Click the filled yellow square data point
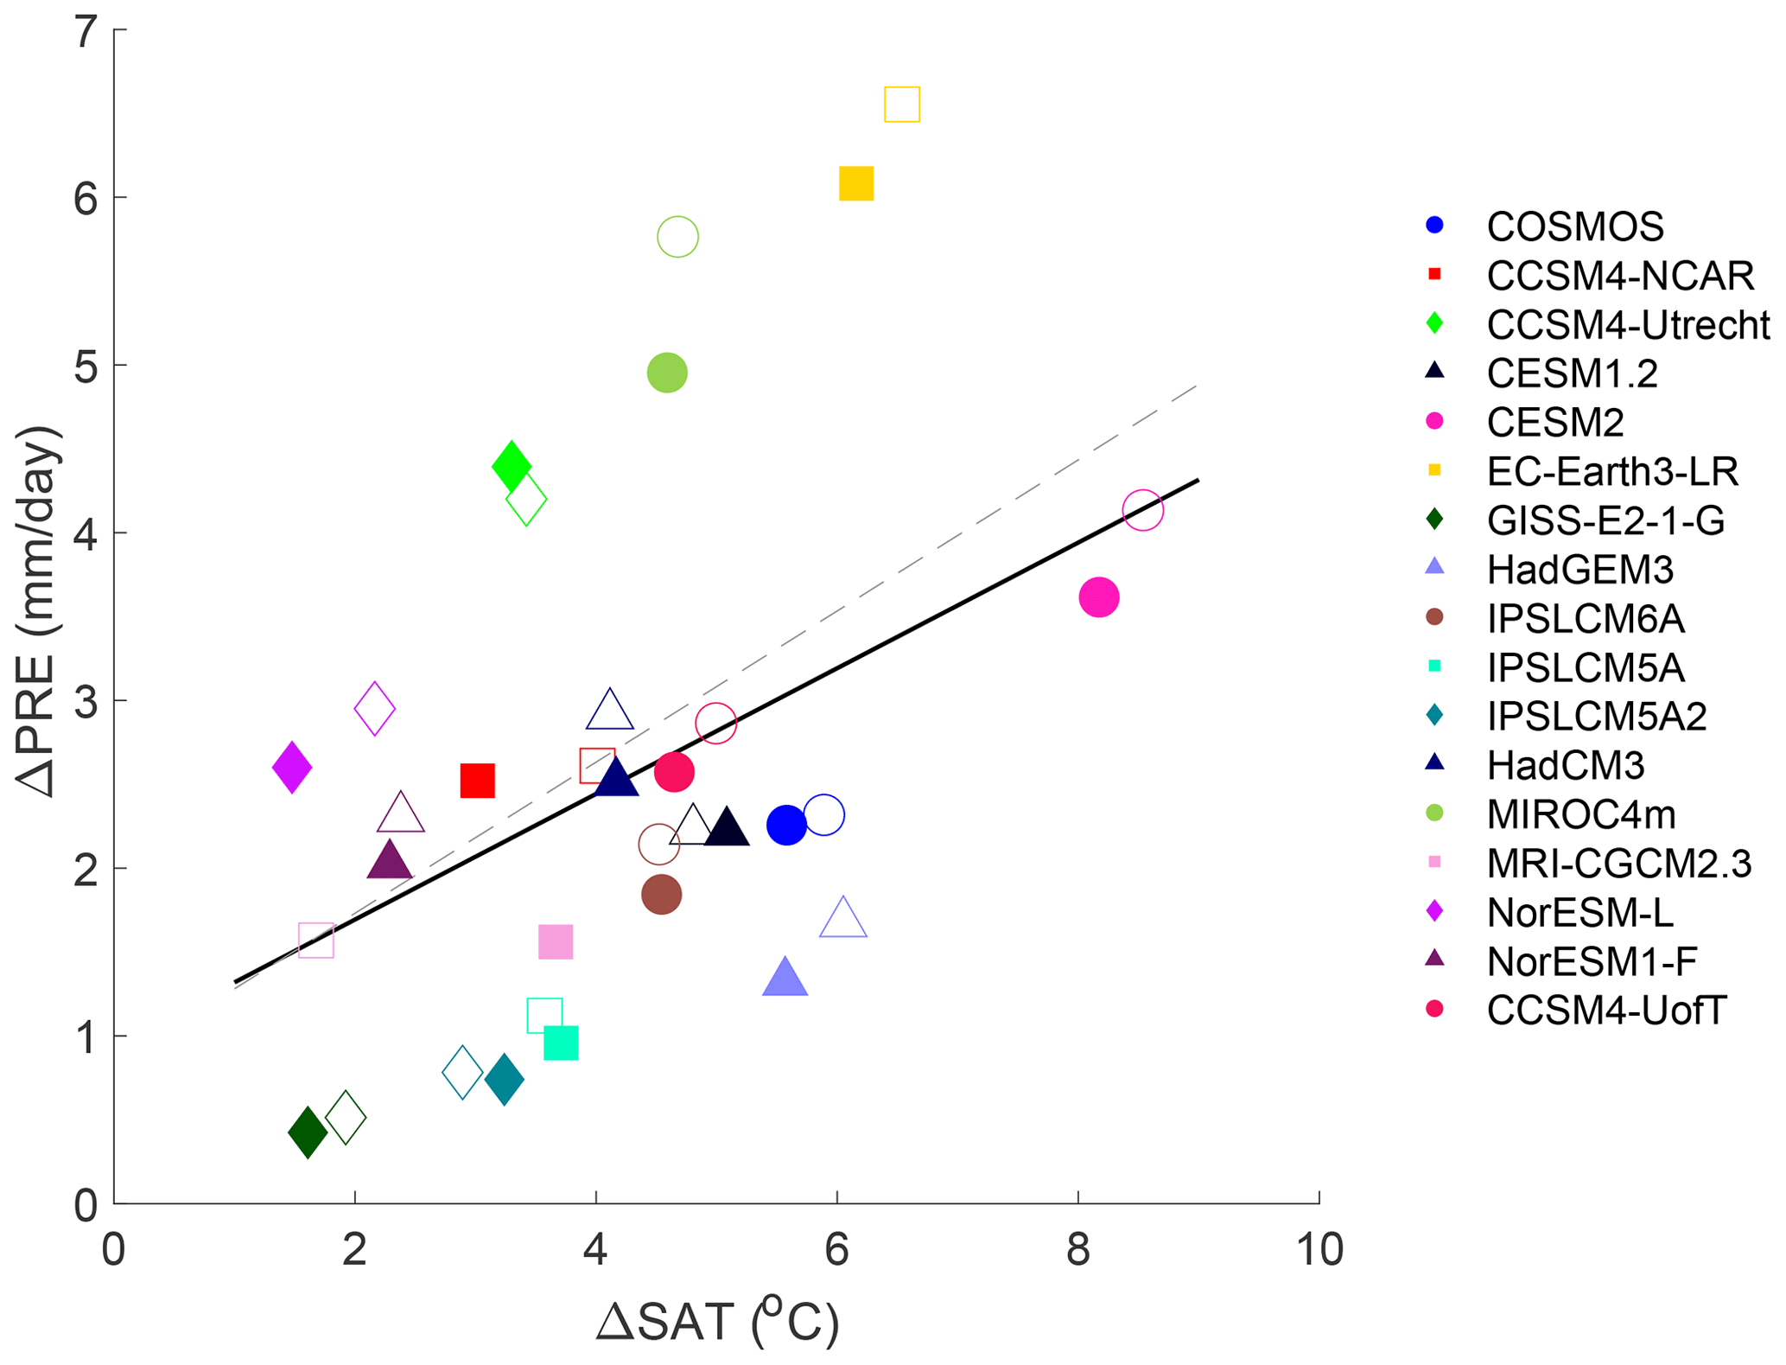click(856, 183)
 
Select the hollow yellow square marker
click(902, 105)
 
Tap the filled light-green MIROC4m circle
click(667, 373)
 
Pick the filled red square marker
click(477, 781)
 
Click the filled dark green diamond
click(308, 1131)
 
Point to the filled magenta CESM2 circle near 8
click(1099, 597)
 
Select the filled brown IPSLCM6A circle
click(662, 894)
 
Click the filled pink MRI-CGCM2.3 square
click(556, 941)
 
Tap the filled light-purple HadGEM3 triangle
click(785, 979)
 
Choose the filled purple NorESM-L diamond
click(292, 767)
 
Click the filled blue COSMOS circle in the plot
click(786, 826)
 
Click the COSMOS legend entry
click(1574, 226)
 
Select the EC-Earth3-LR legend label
click(1612, 472)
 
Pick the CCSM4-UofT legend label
click(1606, 1011)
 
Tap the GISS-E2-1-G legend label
click(1605, 520)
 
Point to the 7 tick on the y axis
click(86, 33)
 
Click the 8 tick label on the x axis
click(1077, 1250)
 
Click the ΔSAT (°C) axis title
click(717, 1323)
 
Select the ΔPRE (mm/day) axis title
click(39, 611)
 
